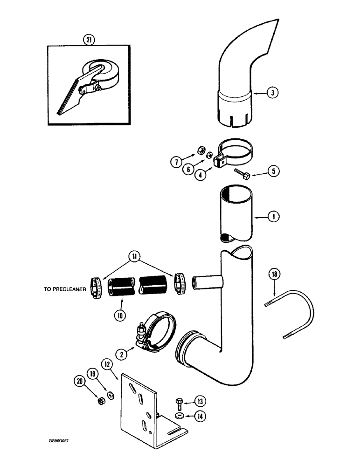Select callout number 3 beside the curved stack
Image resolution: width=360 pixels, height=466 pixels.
coord(273,93)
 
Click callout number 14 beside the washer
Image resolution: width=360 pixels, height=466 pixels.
coord(199,416)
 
